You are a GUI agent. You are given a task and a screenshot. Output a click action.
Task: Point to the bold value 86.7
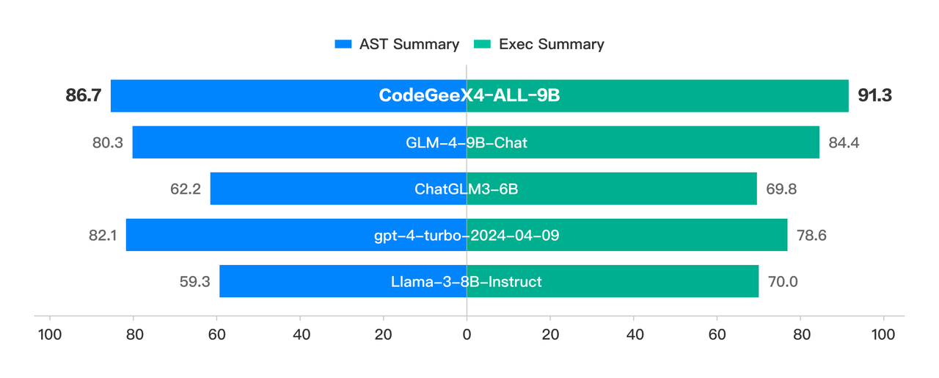83,96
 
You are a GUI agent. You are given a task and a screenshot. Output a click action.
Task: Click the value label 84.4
844,142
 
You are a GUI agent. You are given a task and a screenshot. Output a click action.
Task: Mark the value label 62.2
185,189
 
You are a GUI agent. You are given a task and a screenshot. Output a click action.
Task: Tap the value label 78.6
812,235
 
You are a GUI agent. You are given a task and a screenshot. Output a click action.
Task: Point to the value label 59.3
194,281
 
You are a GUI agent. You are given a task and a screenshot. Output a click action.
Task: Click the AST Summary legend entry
397,44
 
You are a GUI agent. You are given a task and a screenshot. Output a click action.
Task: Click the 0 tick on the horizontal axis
467,334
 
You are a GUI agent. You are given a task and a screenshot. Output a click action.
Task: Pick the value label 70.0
783,281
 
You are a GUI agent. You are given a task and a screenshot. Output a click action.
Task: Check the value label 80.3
107,142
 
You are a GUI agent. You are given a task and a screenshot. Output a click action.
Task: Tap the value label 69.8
781,189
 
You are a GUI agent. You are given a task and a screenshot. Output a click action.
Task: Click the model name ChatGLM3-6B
467,189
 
